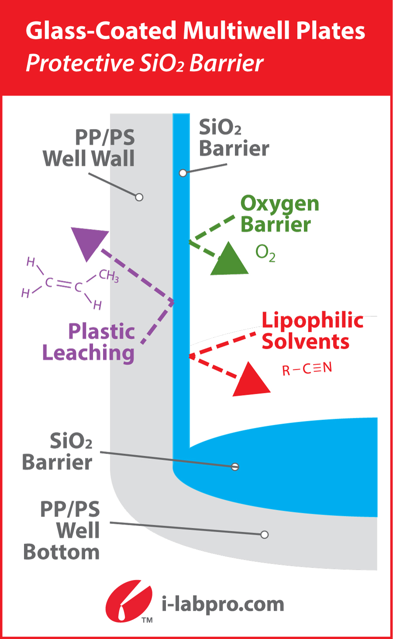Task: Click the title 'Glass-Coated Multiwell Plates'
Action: point(195,31)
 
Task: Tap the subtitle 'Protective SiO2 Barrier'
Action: point(145,63)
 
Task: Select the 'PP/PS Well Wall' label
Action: point(89,148)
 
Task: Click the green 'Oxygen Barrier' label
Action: point(279,214)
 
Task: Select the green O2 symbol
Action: point(265,253)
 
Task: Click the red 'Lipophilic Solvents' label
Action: point(312,331)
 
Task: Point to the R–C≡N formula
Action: point(307,369)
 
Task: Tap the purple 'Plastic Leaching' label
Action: point(89,342)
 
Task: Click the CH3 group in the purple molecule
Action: point(109,275)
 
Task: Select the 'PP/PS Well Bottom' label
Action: point(62,530)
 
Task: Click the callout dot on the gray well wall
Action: point(139,197)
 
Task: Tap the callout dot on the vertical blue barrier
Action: point(183,173)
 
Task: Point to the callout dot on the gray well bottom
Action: point(264,535)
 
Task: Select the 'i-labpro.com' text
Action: point(223,605)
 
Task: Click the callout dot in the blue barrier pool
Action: point(235,467)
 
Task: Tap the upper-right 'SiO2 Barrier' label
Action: point(234,138)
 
